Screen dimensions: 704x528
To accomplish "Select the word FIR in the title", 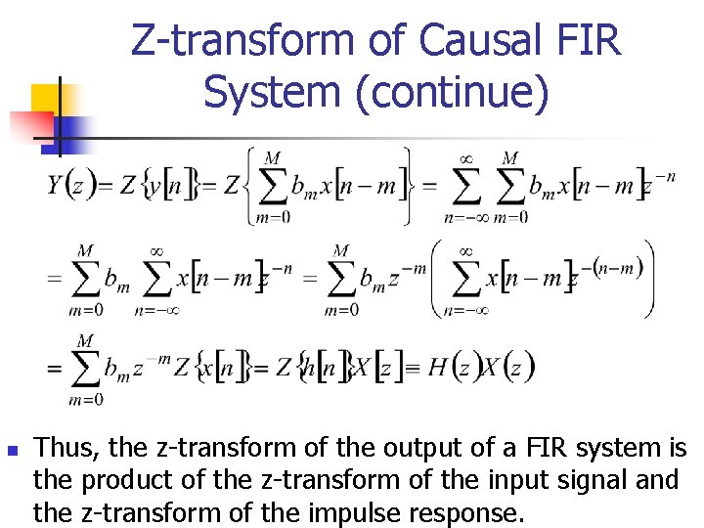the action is click(x=590, y=41).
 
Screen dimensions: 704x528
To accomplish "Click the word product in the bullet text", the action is click(x=118, y=480).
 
